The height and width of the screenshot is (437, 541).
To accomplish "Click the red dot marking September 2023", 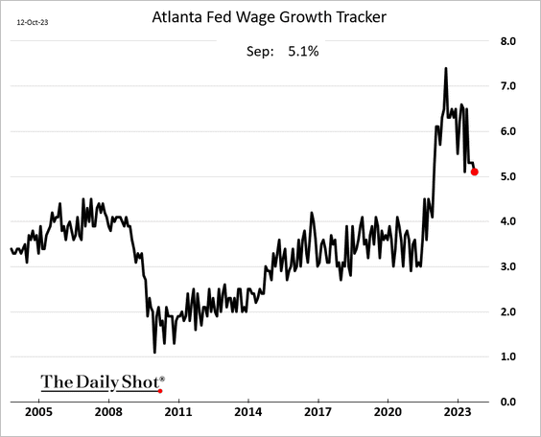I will (476, 172).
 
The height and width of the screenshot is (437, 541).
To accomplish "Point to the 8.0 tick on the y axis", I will (508, 41).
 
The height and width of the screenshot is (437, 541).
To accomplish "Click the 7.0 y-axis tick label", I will (508, 86).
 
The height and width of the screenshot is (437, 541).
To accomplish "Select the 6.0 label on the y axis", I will (508, 131).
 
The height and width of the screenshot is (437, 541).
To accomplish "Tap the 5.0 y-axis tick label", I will (508, 176).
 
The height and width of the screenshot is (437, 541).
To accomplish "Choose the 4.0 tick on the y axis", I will (508, 221).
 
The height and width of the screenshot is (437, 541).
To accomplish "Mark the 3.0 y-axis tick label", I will (508, 266).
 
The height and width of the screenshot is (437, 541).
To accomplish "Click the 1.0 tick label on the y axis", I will (508, 356).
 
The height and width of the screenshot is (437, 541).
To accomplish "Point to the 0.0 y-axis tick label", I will (508, 402).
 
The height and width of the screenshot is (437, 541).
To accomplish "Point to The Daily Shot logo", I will (102, 381).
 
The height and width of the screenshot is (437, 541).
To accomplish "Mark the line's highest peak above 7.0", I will (446, 68).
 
